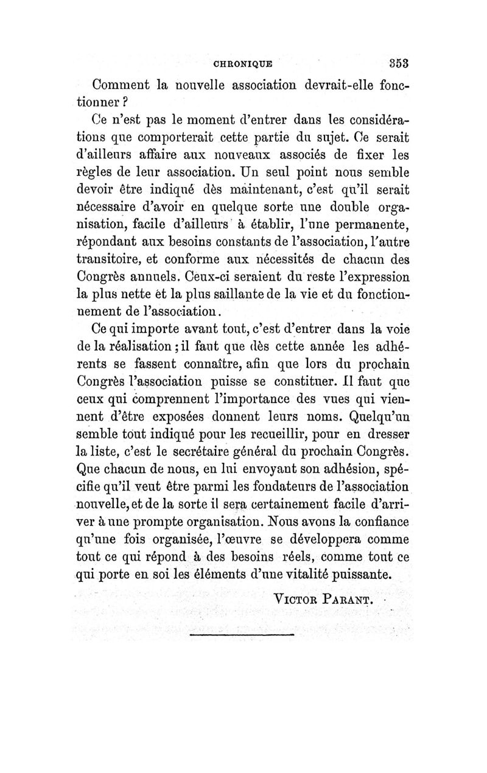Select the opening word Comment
[x=121, y=85]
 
